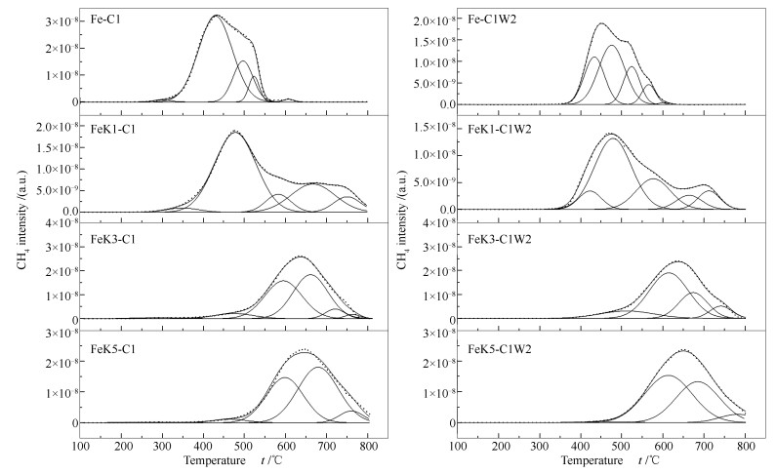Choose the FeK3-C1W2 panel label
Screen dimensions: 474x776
click(492, 240)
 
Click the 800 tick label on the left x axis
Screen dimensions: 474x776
click(368, 446)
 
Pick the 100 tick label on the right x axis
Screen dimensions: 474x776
click(459, 446)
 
